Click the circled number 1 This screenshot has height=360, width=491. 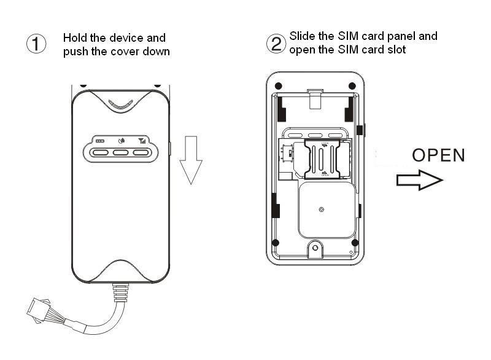[x=37, y=44]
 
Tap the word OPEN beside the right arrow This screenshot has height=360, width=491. [x=438, y=155]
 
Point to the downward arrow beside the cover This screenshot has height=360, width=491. [x=191, y=162]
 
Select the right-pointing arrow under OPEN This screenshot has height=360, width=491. [x=419, y=179]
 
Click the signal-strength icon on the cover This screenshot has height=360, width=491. [x=142, y=140]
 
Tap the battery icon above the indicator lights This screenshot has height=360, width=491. [x=99, y=141]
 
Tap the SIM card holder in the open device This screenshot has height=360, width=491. [x=325, y=158]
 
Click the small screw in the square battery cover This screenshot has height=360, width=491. [x=322, y=209]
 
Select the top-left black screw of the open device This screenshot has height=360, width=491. [x=278, y=85]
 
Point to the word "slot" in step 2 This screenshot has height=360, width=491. [x=396, y=50]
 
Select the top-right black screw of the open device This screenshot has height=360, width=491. [x=352, y=85]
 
